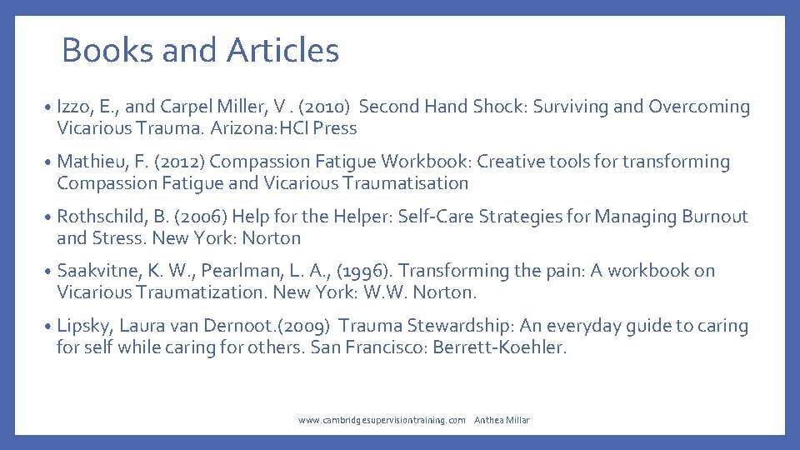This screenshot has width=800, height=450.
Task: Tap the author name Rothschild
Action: pyautogui.click(x=102, y=217)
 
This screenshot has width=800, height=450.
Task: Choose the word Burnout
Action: pyautogui.click(x=715, y=217)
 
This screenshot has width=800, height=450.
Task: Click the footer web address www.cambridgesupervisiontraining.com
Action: pyautogui.click(x=382, y=421)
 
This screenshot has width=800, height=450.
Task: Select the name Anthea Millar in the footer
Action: pyautogui.click(x=502, y=421)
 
